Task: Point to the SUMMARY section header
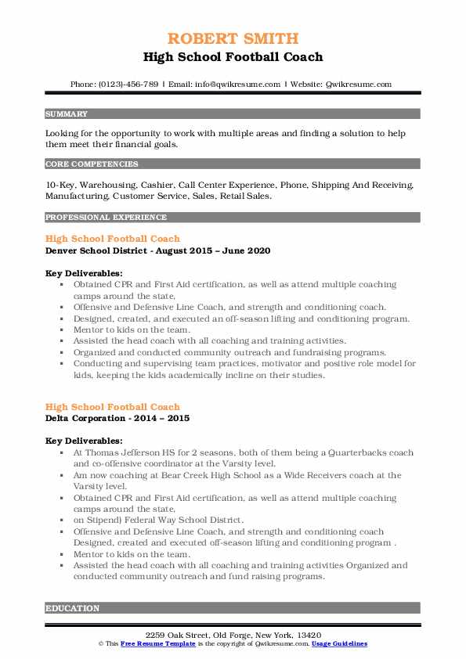click(67, 114)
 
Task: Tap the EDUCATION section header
click(73, 608)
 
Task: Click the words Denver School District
click(95, 250)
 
